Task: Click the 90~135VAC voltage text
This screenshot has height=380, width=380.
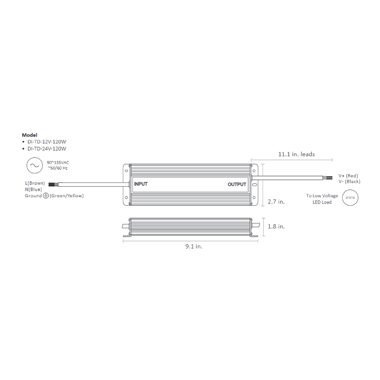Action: pos(59,163)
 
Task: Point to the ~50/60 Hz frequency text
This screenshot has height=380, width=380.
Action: pos(58,168)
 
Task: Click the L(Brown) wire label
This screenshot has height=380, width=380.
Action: pos(35,183)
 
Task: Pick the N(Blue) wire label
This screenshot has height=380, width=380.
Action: pos(34,189)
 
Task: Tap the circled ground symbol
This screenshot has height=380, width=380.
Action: pos(46,195)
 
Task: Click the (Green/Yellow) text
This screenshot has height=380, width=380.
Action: pos(67,195)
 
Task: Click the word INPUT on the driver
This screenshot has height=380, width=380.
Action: pos(141,185)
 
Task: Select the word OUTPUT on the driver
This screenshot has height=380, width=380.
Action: pos(237,185)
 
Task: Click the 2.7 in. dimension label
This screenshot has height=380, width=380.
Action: pos(276,201)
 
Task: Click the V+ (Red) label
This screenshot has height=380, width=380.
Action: pos(349,175)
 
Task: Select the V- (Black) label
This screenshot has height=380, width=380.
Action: pos(349,181)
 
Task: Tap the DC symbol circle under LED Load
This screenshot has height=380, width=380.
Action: pos(350,199)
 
